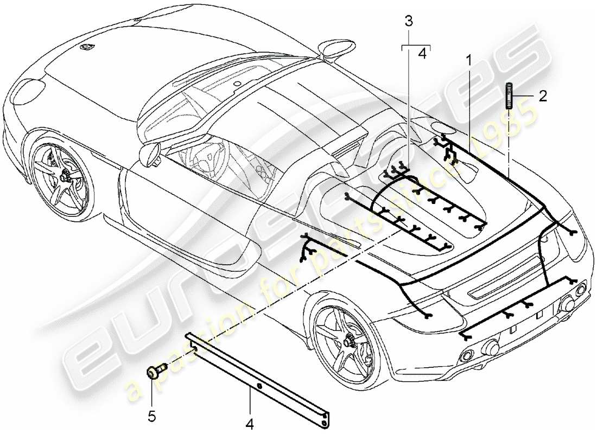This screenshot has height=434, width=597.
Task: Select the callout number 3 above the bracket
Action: pos(409,22)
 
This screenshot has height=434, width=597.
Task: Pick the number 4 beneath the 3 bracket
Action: pos(422,54)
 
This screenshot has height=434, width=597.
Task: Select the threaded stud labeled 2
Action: pos(510,95)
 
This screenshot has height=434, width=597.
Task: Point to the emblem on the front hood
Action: pos(85,47)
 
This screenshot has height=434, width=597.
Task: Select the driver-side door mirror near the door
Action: pos(150,154)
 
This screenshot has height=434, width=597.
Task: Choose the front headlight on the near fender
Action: pos(27,93)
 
